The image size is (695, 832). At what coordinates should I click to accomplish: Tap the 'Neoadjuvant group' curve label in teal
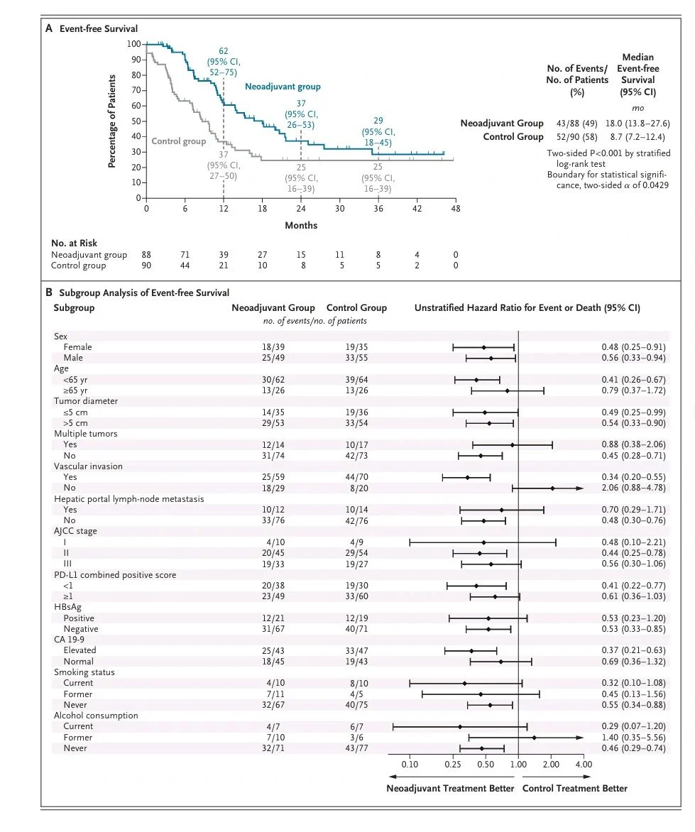point(283,87)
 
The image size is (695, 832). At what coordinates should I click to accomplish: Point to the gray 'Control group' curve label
point(178,141)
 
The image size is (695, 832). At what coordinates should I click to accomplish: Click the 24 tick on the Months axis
point(300,209)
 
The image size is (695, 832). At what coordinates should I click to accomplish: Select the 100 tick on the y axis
point(134,44)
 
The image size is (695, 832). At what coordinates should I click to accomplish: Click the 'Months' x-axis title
point(301,226)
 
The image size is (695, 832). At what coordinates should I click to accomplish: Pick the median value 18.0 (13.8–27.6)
point(637,124)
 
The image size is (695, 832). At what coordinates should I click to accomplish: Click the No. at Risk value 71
point(185,255)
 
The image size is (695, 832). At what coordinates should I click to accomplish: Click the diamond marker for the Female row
point(483,347)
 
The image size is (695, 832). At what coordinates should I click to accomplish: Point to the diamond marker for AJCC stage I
point(483,542)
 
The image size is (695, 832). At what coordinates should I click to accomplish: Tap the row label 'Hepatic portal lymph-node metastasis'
point(128,499)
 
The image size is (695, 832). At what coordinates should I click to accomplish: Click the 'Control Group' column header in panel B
point(356,308)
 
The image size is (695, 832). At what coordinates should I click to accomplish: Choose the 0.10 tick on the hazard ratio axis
point(410,764)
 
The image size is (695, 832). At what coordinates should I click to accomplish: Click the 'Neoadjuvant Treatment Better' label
point(449,788)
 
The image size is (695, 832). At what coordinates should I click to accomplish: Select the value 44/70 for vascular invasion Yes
point(356,477)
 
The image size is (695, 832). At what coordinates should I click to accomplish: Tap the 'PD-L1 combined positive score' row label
point(114,574)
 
